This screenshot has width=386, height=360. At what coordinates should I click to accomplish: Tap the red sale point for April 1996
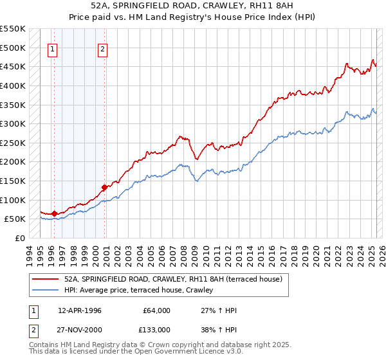55,213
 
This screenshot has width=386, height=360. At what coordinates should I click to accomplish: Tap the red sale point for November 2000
104,187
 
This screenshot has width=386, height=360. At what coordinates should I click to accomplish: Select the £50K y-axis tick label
15,219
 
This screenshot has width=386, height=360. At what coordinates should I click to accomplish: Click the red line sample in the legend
45,279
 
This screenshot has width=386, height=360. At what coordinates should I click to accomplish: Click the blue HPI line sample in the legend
45,291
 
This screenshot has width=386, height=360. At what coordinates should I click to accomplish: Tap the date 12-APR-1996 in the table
79,310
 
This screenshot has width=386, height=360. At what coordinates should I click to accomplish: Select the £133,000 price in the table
157,330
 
